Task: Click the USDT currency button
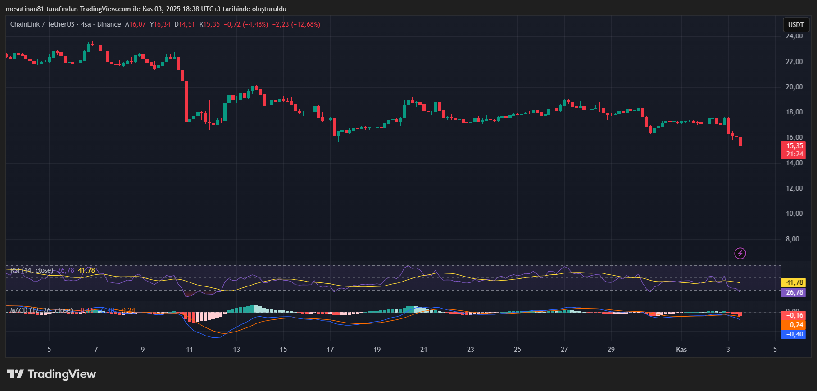(796, 25)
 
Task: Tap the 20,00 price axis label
(794, 87)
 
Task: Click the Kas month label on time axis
(681, 350)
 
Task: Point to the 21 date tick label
(424, 350)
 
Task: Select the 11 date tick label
(190, 350)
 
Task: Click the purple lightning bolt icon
(740, 253)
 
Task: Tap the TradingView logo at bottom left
(51, 374)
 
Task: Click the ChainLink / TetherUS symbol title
(42, 24)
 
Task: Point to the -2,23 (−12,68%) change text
(296, 24)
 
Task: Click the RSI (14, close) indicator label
(32, 270)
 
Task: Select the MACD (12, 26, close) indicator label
(41, 310)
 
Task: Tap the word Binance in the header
(109, 24)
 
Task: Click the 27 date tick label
(564, 350)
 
